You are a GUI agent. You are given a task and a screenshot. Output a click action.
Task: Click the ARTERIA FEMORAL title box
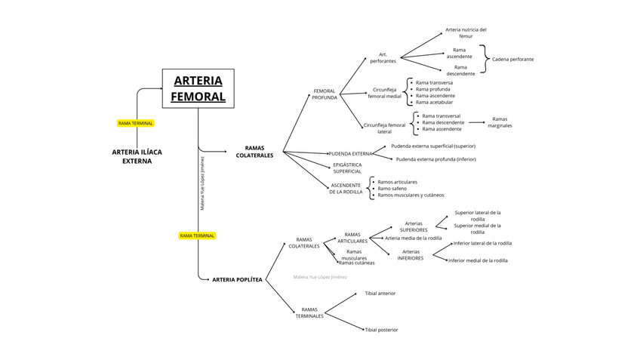click(x=198, y=88)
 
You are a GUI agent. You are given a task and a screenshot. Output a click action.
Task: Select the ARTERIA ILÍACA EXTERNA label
click(x=137, y=156)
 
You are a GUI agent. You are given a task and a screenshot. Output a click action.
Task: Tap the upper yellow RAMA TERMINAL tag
click(x=136, y=123)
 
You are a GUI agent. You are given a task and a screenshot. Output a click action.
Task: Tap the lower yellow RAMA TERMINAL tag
click(x=197, y=235)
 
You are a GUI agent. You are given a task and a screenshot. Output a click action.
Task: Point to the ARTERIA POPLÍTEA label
click(x=237, y=279)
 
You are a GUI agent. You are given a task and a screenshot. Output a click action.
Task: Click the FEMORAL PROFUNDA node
click(x=324, y=94)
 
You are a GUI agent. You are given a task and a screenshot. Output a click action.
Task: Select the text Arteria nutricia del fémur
click(x=466, y=33)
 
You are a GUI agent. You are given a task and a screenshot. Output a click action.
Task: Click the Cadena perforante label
click(x=512, y=59)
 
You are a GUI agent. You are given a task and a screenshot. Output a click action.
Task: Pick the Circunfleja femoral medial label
click(x=384, y=93)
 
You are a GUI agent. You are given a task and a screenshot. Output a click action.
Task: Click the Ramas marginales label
click(x=500, y=122)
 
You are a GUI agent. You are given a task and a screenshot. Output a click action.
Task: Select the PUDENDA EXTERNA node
click(x=351, y=153)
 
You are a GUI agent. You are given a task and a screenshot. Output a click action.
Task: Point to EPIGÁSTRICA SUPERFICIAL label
click(x=347, y=168)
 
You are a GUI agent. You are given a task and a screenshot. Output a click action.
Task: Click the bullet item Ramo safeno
click(x=392, y=189)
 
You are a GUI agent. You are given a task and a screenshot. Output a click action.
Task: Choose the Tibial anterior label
click(x=380, y=293)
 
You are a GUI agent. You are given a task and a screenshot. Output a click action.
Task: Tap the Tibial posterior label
click(x=381, y=330)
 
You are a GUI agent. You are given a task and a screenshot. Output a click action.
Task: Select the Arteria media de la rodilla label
click(x=413, y=238)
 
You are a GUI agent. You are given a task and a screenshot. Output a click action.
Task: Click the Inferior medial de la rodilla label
click(x=478, y=260)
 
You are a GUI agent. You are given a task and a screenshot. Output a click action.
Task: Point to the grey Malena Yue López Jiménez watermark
click(x=320, y=277)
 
